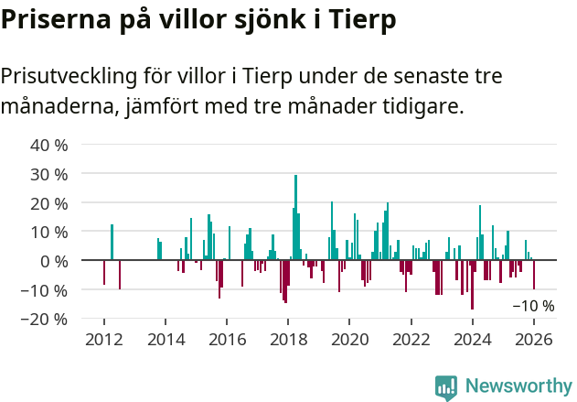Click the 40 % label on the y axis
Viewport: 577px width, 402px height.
click(49, 145)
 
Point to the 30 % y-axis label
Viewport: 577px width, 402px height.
click(49, 174)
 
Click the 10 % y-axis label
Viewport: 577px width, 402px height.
click(49, 232)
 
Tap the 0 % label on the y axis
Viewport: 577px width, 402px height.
click(54, 261)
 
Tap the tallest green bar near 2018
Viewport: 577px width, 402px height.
click(295, 217)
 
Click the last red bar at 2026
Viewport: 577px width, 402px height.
click(534, 275)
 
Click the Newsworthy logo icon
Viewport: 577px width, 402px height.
click(446, 387)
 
